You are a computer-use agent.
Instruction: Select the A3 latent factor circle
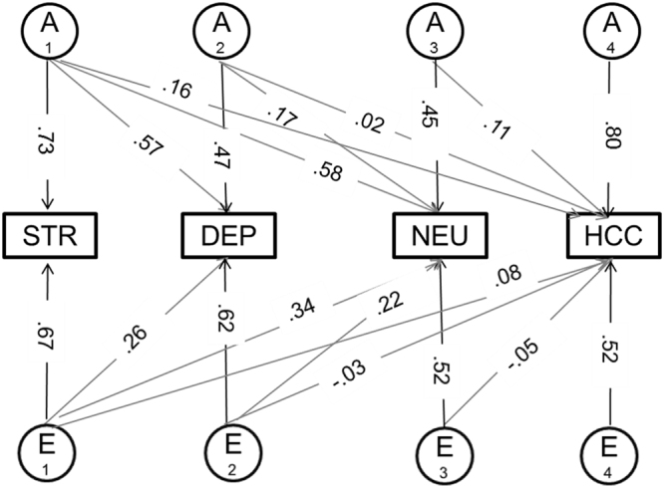pos(440,31)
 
